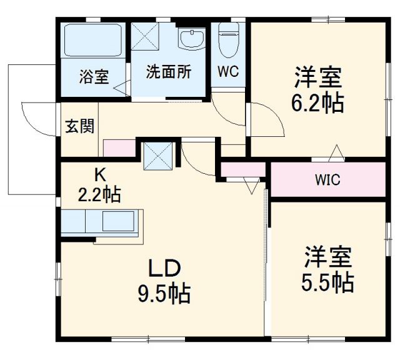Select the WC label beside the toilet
pyautogui.click(x=228, y=71)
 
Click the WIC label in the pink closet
pyautogui.click(x=327, y=181)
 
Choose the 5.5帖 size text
pyautogui.click(x=328, y=282)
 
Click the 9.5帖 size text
pyautogui.click(x=164, y=292)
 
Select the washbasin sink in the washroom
pyautogui.click(x=191, y=39)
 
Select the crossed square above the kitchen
pyautogui.click(x=157, y=155)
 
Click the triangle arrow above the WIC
pyautogui.click(x=336, y=151)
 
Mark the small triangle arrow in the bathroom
pyautogui.click(x=120, y=88)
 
